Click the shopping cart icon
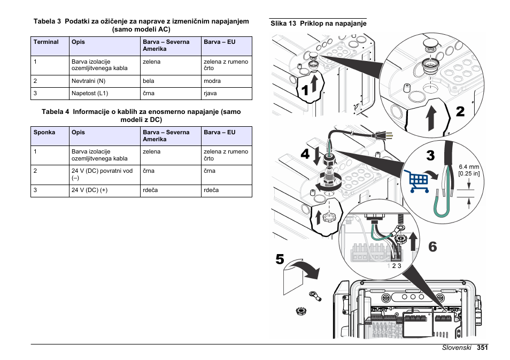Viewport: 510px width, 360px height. tap(419, 181)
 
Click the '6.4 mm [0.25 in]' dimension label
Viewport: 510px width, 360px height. tap(469, 170)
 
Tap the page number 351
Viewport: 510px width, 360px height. tap(483, 347)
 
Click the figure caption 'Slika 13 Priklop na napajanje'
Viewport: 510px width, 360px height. tap(318, 24)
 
